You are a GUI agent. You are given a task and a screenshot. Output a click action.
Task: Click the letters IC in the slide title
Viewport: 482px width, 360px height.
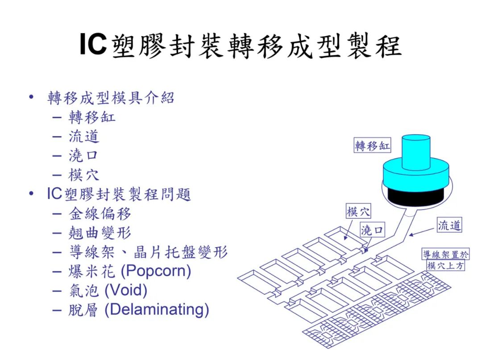click(93, 44)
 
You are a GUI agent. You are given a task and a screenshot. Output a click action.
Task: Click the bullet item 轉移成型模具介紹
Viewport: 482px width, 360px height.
click(111, 98)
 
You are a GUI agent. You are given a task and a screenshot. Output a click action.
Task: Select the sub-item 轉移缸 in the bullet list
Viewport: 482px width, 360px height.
click(92, 117)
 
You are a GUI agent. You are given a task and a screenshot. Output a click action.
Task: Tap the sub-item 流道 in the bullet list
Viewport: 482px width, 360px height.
click(84, 137)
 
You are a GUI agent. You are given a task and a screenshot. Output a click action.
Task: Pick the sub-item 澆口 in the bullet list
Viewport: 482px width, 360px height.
click(83, 156)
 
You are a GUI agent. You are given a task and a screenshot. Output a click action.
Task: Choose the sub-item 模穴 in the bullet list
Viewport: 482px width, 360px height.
click(84, 175)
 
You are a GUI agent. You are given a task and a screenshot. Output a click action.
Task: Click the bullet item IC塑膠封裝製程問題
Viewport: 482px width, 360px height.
click(119, 194)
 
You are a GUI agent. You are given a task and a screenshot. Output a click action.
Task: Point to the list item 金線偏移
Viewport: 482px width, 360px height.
click(100, 214)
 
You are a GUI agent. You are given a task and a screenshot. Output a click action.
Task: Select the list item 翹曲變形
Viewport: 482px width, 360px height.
click(100, 233)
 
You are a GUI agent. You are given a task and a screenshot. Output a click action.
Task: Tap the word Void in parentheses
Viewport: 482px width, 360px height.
click(126, 290)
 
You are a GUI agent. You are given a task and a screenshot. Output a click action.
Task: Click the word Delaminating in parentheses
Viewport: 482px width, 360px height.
click(157, 310)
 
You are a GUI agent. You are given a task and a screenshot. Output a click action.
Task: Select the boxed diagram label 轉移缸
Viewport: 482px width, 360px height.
click(372, 145)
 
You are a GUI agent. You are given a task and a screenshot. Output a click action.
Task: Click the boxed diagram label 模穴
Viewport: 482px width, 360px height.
click(358, 211)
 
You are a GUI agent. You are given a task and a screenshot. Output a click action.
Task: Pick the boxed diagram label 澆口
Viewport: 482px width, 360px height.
click(372, 229)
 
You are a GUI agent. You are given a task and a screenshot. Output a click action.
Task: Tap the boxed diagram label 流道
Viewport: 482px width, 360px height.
click(449, 225)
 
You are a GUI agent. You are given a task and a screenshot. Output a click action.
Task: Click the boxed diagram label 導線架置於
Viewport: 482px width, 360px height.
click(445, 254)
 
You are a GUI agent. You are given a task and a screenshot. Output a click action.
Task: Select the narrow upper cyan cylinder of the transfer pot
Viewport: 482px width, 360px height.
click(416, 152)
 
